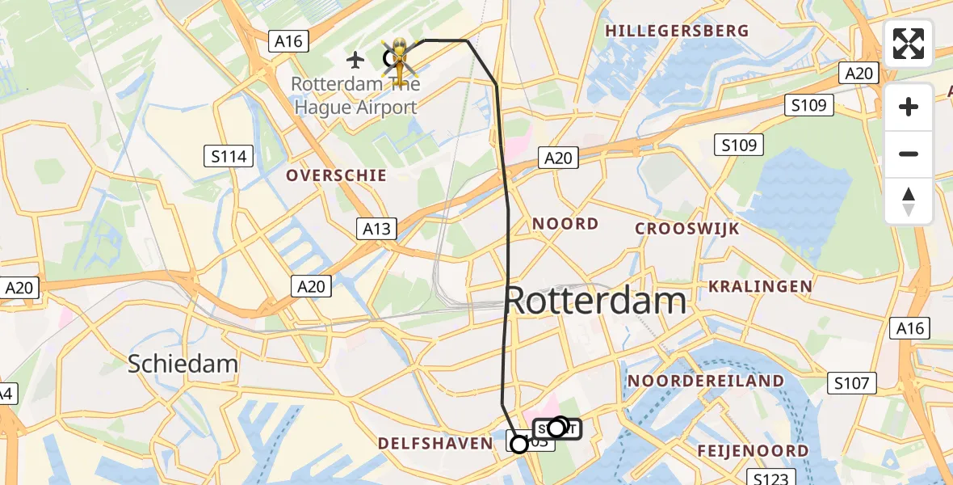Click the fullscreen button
[x=909, y=44]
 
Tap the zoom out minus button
[x=909, y=154]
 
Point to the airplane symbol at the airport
[x=355, y=59]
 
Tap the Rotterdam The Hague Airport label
[x=354, y=95]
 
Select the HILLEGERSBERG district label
[x=677, y=31]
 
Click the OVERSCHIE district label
[x=336, y=175]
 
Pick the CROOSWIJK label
[x=686, y=228]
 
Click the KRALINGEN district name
[x=760, y=286]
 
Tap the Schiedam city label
[x=183, y=364]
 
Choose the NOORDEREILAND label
[x=706, y=381]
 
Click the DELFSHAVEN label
[x=435, y=443]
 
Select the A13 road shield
[x=376, y=229]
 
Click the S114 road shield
[x=229, y=156]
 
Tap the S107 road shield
[x=852, y=382]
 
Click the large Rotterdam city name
[x=596, y=302]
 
